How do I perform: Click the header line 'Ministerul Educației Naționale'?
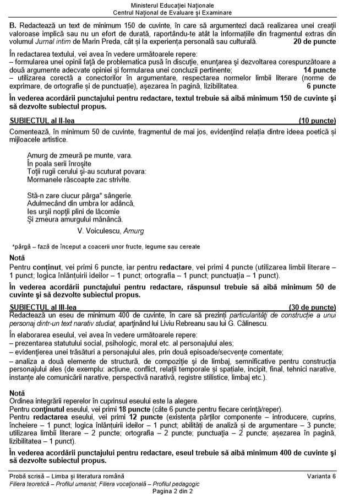180,5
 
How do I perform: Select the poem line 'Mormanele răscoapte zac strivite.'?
79,180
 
